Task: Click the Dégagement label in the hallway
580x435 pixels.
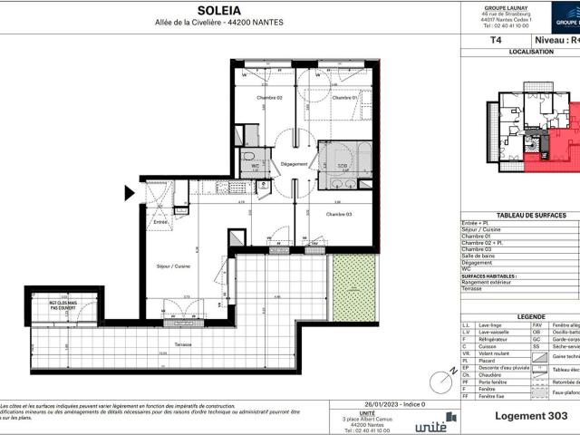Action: coord(295,164)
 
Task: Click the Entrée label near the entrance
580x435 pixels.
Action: coord(160,221)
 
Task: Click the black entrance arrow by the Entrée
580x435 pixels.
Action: coord(130,192)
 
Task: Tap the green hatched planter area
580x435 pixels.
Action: coord(353,287)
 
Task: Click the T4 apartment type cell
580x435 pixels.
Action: coord(494,41)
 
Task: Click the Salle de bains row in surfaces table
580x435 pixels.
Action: coord(485,261)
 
